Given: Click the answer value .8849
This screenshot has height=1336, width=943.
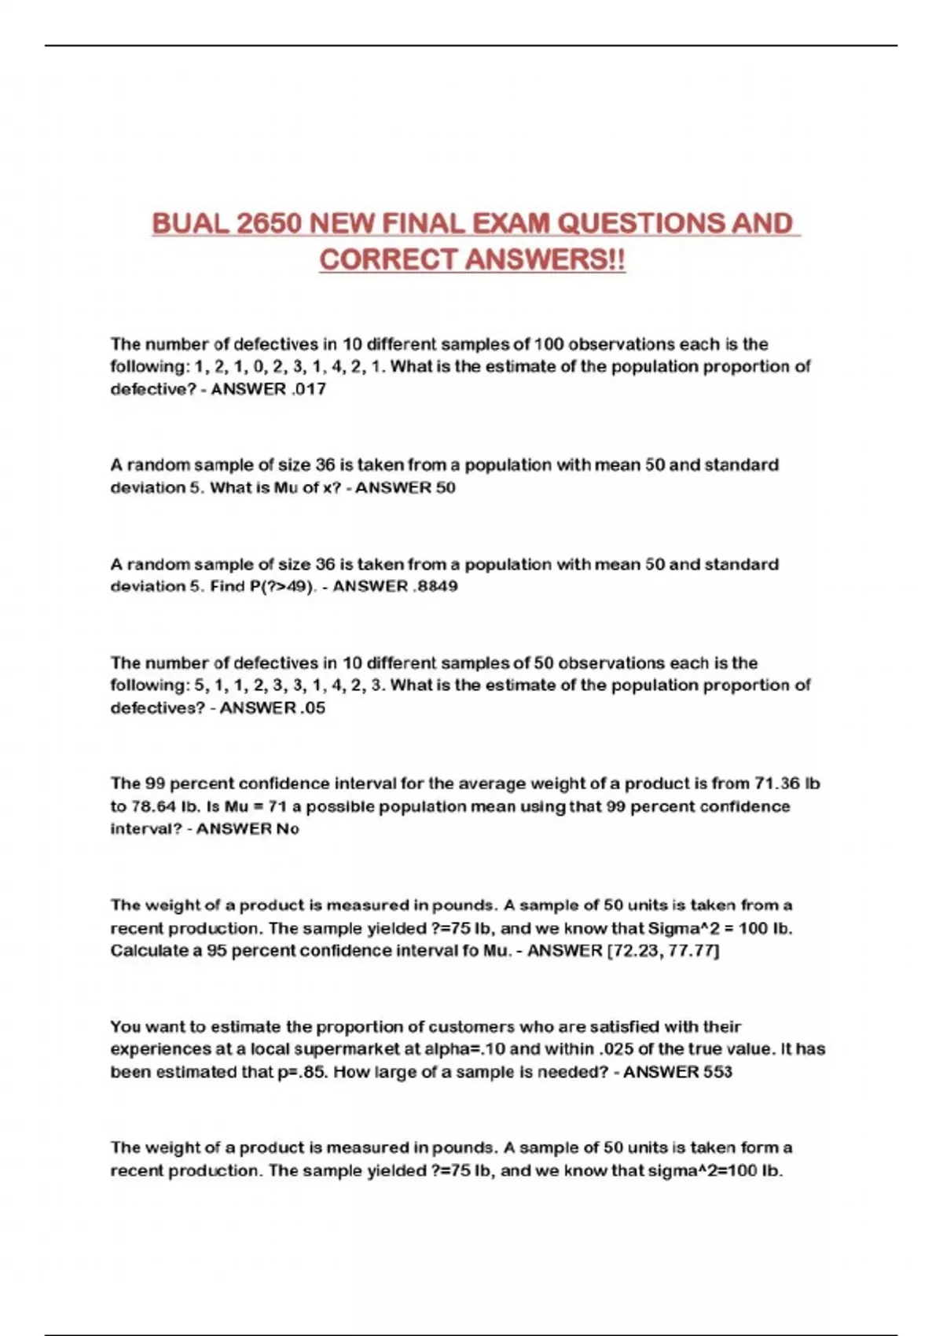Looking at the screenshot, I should click(435, 586).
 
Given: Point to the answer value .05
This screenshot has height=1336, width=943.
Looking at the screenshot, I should click(312, 708).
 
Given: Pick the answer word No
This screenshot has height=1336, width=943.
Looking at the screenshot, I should click(287, 829).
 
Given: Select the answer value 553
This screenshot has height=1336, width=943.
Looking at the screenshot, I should click(714, 1072).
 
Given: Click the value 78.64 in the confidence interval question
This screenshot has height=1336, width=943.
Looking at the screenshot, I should click(153, 806).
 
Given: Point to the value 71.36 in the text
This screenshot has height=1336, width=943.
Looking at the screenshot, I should click(776, 784).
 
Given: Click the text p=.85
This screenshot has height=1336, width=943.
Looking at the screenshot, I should click(302, 1072).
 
